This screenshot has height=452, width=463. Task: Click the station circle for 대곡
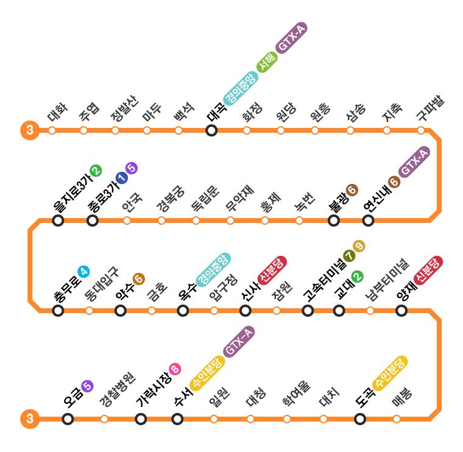[x=211, y=130]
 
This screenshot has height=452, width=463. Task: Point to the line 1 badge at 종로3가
[x=121, y=177]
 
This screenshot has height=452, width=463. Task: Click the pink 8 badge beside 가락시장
[x=175, y=369]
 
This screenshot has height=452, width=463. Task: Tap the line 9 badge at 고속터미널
[x=359, y=246]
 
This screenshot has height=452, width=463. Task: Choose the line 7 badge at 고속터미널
[x=349, y=256]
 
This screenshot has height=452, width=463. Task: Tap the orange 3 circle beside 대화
[x=29, y=130]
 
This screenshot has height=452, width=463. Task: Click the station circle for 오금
[x=68, y=419]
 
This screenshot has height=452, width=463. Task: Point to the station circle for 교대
[x=339, y=311]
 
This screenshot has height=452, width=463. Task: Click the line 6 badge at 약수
[x=139, y=279]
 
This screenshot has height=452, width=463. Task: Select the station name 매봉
[x=402, y=398]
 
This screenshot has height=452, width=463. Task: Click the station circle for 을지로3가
[x=58, y=221]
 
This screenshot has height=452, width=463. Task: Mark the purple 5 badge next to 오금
[x=87, y=385]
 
